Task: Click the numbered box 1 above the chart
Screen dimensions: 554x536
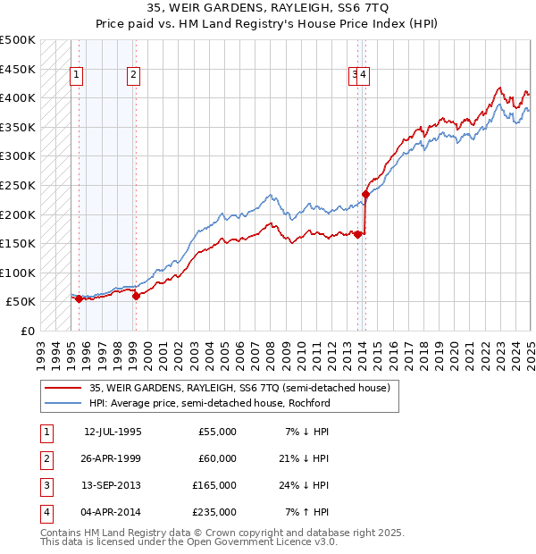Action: (x=77, y=76)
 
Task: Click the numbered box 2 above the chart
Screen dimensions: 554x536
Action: (x=133, y=76)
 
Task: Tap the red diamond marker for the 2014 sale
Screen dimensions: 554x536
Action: (x=365, y=193)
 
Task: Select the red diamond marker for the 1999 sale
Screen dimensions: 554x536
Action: (x=136, y=296)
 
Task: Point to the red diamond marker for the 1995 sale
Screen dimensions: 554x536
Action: (x=79, y=299)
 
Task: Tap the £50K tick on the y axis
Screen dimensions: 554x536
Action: (x=21, y=302)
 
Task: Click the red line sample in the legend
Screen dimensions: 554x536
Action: (x=62, y=389)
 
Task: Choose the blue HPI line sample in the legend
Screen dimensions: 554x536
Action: (x=62, y=403)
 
